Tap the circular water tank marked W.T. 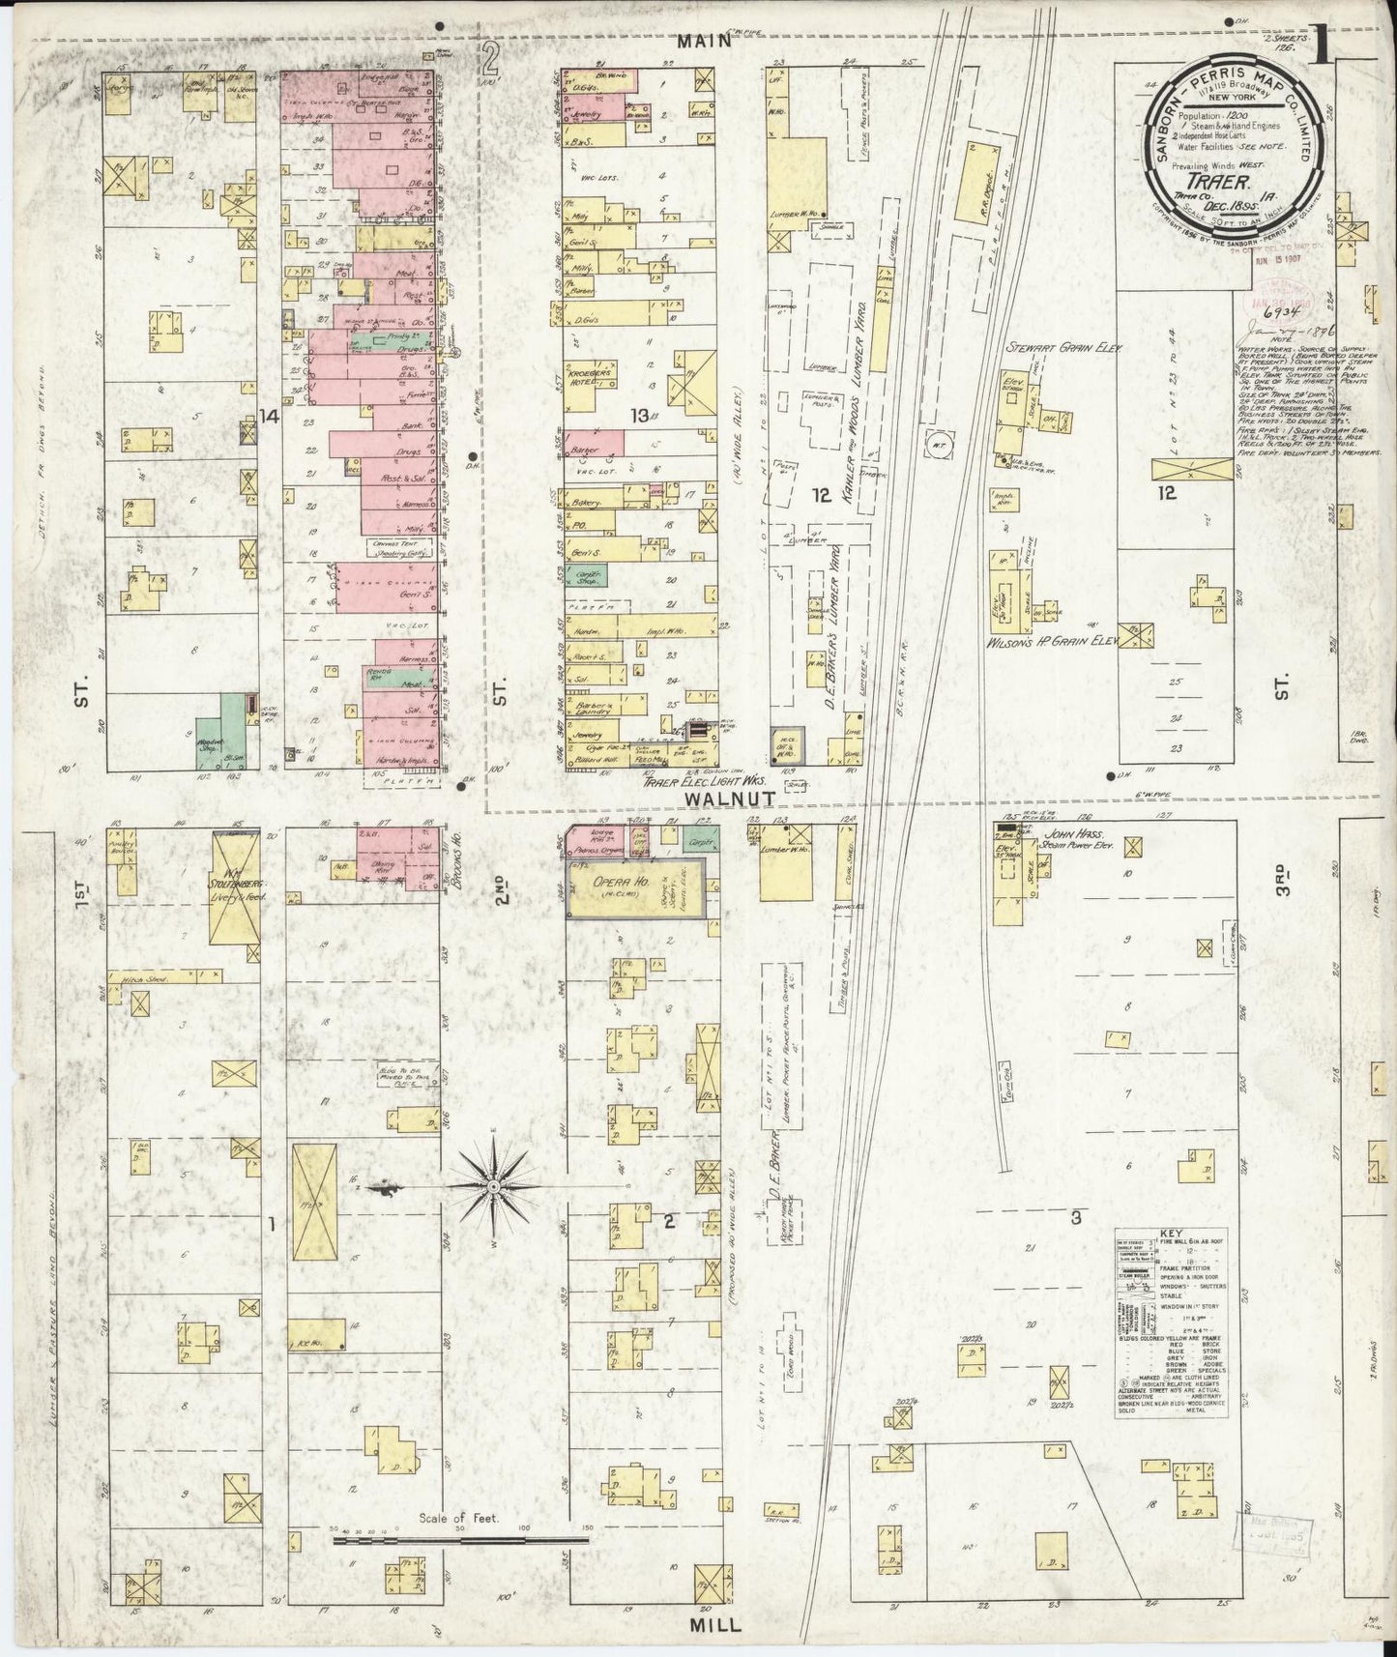(935, 443)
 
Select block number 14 (268, 417)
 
